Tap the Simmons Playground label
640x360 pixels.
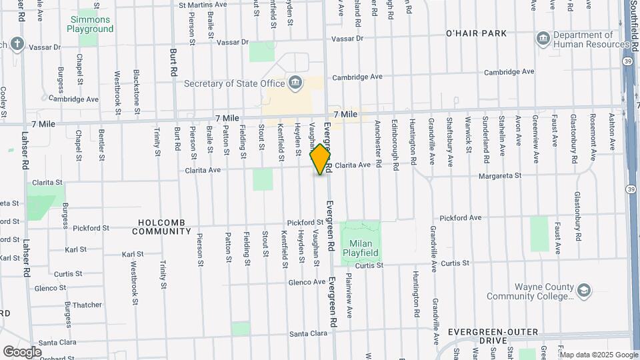(91, 25)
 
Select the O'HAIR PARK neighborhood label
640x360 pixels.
(476, 33)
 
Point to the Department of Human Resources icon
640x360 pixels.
(543, 39)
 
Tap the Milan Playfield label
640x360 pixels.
(361, 247)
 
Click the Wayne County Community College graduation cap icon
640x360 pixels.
(584, 291)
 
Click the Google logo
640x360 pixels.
(22, 351)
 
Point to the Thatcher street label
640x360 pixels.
(87, 305)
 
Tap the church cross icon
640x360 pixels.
(17, 45)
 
